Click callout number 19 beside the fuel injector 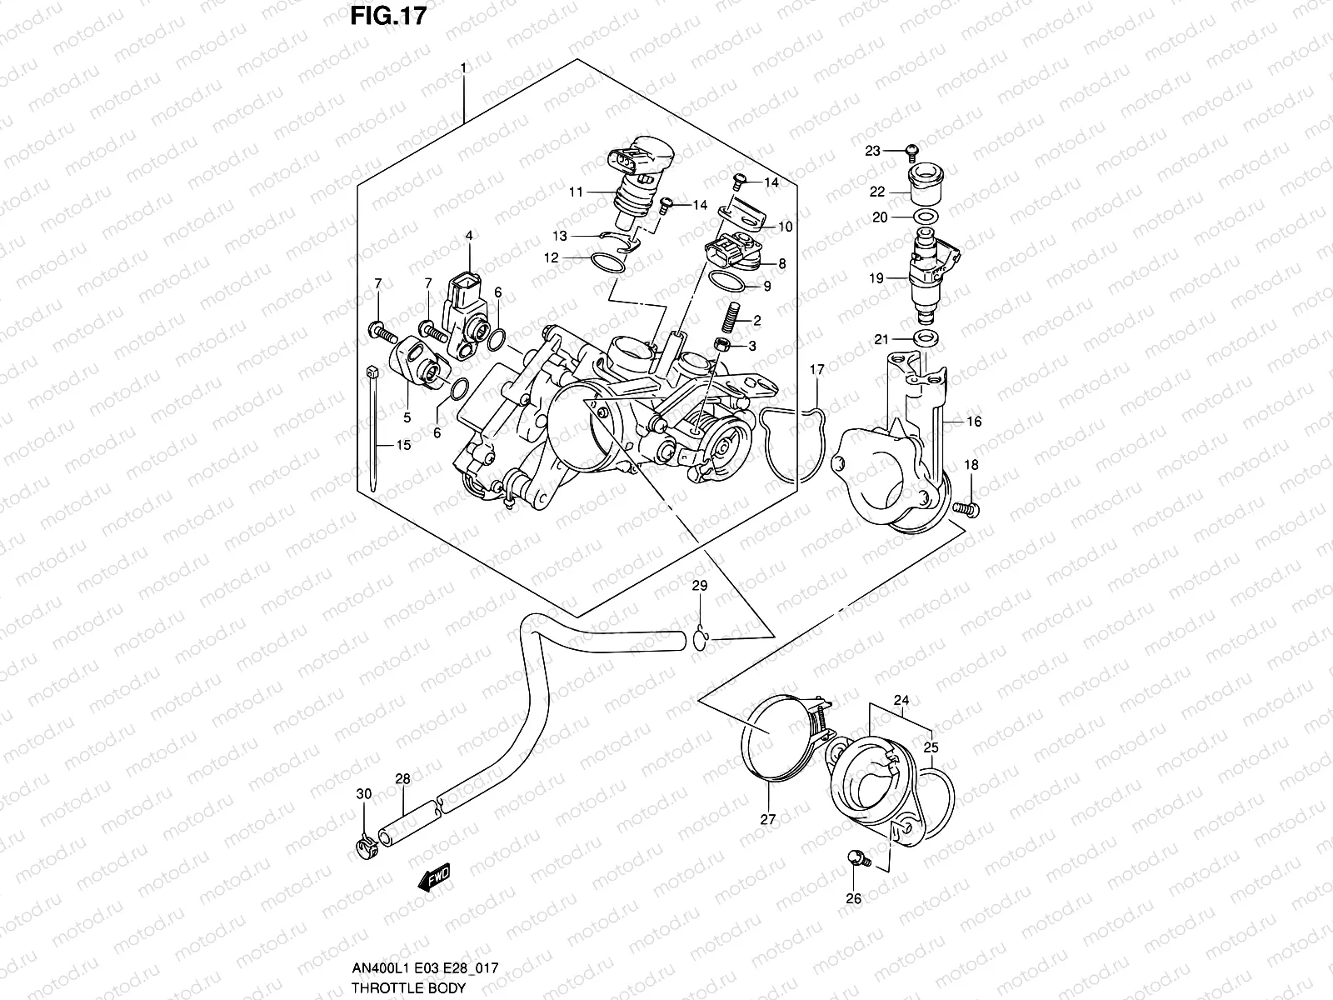876,279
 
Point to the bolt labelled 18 966,507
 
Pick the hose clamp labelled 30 367,849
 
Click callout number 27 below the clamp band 767,819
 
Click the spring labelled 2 733,320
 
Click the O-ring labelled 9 726,282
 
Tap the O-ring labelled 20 923,217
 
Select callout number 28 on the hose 402,779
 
